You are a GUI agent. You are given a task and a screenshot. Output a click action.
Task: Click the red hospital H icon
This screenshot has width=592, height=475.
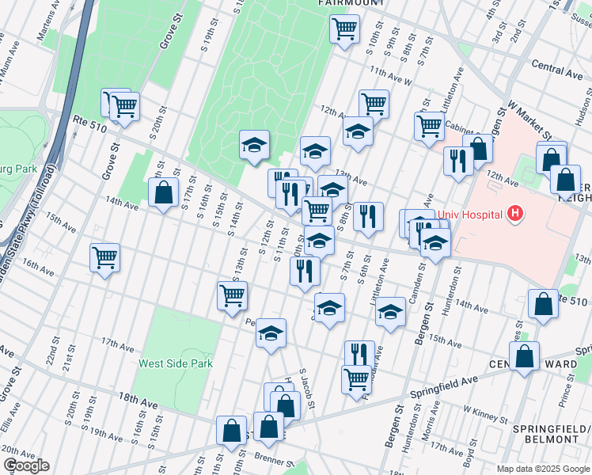(516, 213)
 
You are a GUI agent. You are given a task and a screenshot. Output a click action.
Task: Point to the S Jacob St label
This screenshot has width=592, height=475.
(307, 389)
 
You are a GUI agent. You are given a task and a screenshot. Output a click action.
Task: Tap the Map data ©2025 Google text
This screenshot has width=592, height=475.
(543, 469)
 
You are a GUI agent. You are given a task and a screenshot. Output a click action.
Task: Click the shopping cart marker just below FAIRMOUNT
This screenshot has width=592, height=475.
(344, 30)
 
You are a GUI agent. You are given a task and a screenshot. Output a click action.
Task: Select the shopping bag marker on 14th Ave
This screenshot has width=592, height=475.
(163, 192)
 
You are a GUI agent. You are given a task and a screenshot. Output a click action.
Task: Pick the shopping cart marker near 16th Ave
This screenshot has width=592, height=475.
(104, 257)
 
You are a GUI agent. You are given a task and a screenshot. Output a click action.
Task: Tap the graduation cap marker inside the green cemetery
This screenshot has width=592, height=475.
(255, 145)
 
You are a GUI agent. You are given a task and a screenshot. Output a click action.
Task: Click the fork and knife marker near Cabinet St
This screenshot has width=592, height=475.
(458, 161)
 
